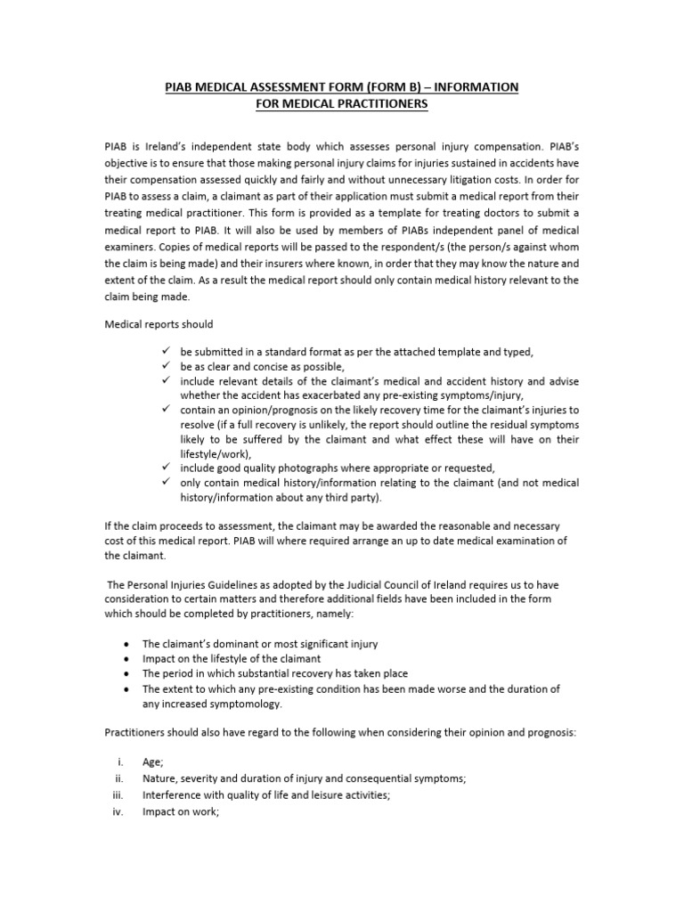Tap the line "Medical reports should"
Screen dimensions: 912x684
[159, 323]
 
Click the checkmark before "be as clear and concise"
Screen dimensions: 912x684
[167, 366]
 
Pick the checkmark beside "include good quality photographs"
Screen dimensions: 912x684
[167, 468]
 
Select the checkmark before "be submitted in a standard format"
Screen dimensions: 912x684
[167, 352]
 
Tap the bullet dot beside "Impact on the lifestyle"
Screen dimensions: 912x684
[129, 658]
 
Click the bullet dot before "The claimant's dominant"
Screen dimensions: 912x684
[129, 644]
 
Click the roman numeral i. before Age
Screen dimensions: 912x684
[119, 763]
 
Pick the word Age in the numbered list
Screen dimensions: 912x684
[152, 763]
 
